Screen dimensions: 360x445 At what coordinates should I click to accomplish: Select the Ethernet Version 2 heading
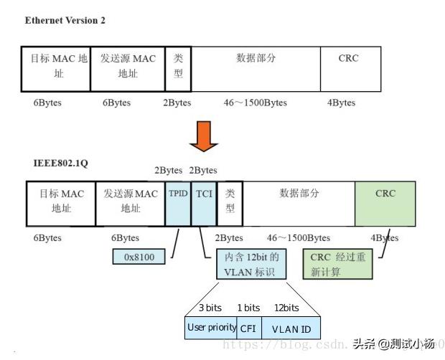pyautogui.click(x=65, y=20)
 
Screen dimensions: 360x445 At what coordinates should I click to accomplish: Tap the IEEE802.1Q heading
pyautogui.click(x=57, y=164)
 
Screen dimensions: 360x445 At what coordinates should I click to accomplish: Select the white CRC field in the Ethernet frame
pyautogui.click(x=348, y=69)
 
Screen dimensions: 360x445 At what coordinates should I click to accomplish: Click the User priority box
pyautogui.click(x=211, y=328)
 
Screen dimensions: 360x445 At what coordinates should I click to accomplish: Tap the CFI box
pyautogui.click(x=247, y=328)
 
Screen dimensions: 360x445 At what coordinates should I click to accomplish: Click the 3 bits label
pyautogui.click(x=210, y=308)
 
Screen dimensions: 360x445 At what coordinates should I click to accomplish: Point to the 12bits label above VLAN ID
pyautogui.click(x=286, y=308)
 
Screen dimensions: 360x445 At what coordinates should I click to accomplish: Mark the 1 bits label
pyautogui.click(x=248, y=308)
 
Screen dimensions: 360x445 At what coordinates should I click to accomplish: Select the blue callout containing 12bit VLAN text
pyautogui.click(x=250, y=264)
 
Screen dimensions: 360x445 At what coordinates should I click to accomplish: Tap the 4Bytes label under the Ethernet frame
pyautogui.click(x=341, y=103)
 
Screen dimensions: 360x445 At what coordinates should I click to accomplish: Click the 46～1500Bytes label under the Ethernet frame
pyautogui.click(x=255, y=103)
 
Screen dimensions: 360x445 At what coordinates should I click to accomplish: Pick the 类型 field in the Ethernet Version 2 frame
pyautogui.click(x=179, y=69)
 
